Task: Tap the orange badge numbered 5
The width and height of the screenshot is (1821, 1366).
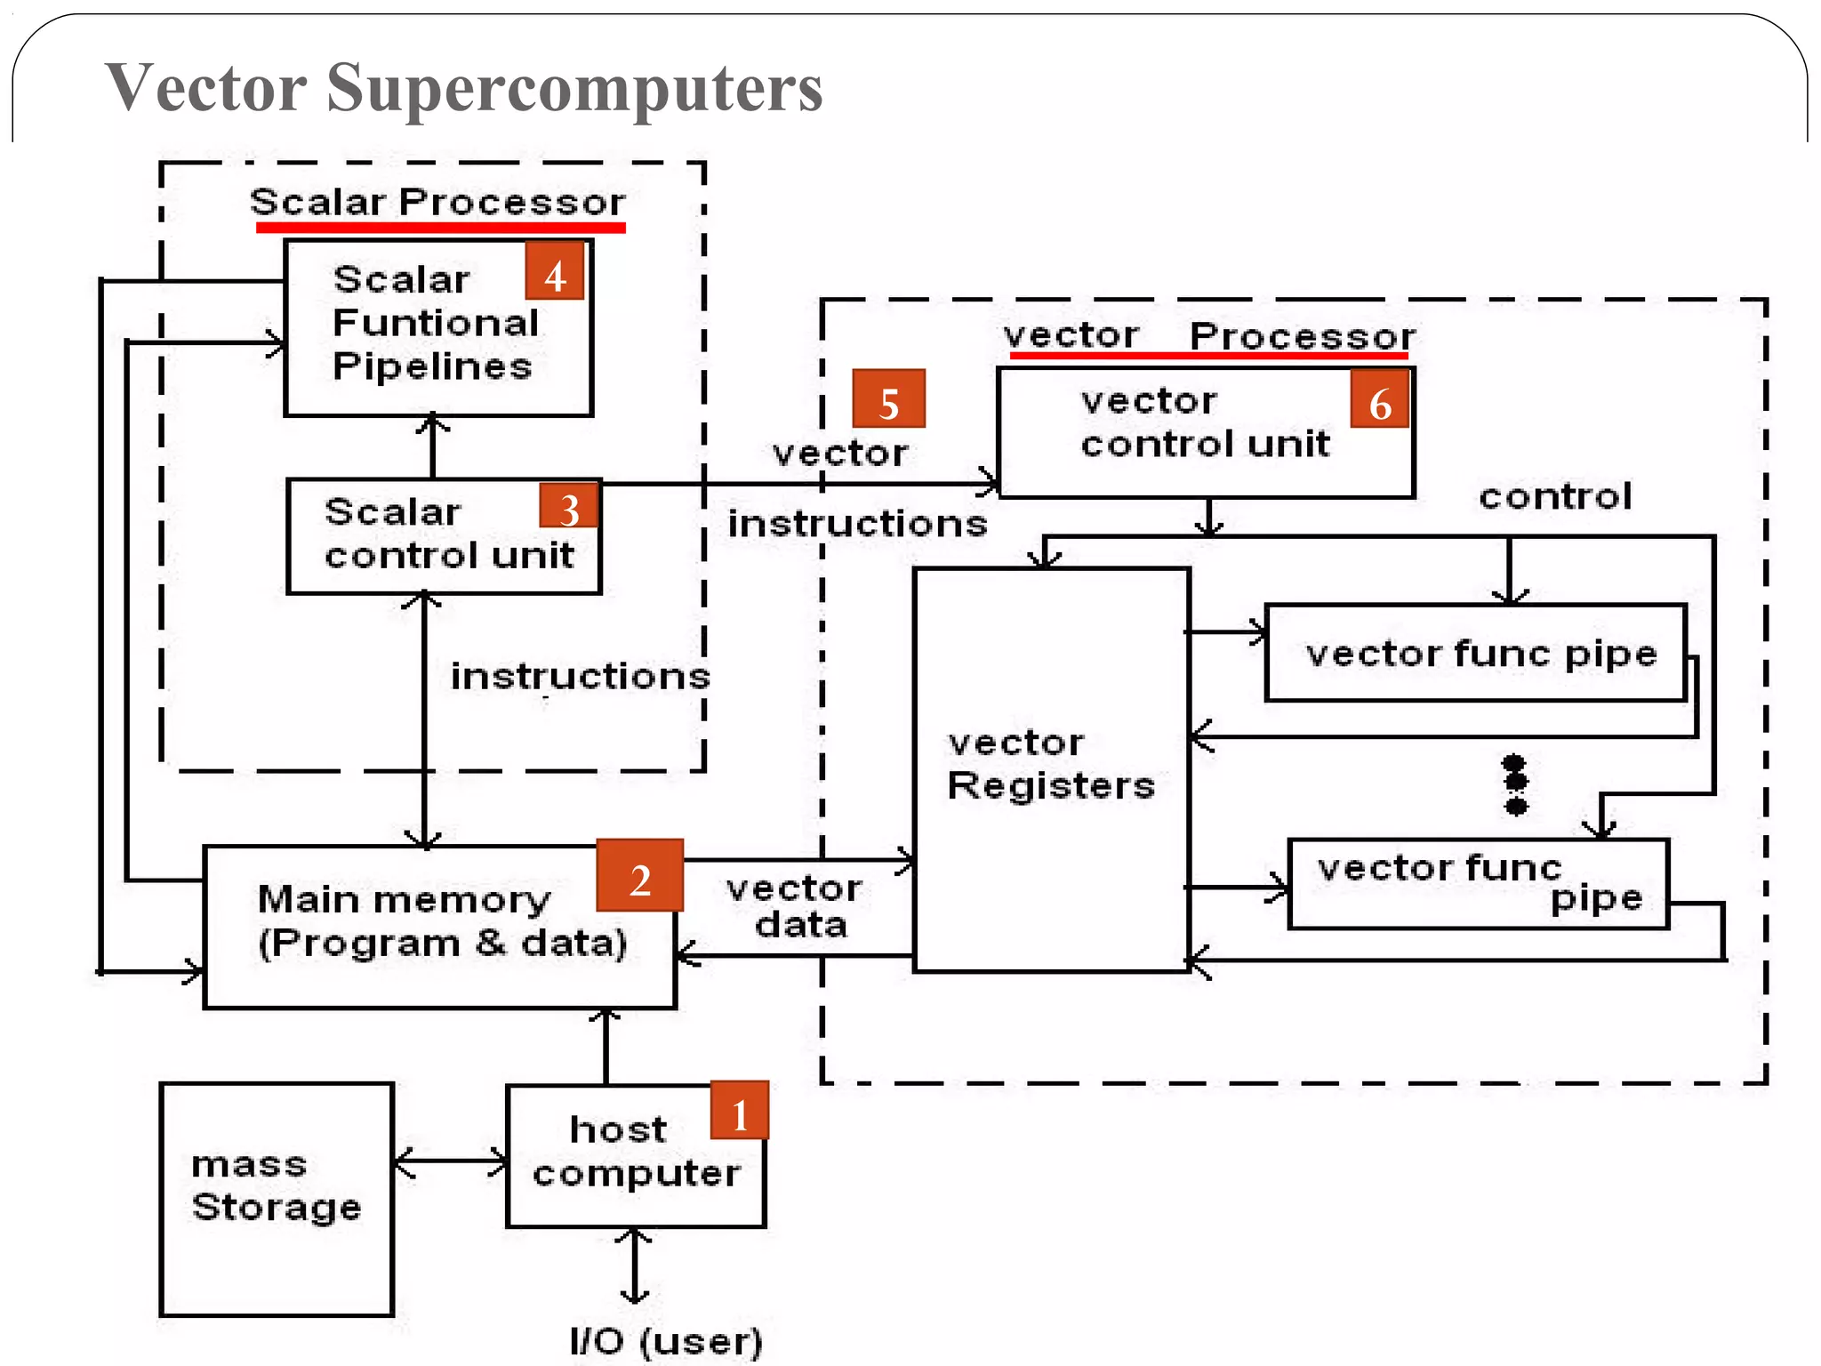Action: (x=888, y=399)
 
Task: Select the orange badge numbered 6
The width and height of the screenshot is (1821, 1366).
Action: (x=1379, y=399)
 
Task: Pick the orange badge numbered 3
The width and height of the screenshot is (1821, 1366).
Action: (x=569, y=506)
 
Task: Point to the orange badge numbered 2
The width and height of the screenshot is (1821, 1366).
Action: (x=639, y=875)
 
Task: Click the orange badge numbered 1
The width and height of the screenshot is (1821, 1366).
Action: (x=739, y=1111)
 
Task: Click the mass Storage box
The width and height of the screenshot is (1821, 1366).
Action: (x=277, y=1198)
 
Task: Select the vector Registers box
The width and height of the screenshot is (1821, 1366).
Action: (x=1051, y=769)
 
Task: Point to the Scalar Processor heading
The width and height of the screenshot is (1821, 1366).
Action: (x=437, y=202)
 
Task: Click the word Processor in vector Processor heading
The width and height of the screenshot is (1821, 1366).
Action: (x=1302, y=336)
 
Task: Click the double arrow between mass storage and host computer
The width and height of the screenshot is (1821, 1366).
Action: (x=451, y=1161)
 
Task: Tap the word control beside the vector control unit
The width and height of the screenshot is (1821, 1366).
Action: (x=1555, y=496)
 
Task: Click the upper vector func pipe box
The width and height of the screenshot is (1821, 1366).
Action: (x=1475, y=654)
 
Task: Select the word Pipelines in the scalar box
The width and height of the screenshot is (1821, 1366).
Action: (x=432, y=366)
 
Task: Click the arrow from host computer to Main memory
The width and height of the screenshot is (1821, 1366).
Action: (x=606, y=1047)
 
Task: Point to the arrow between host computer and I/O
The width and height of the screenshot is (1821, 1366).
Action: (x=634, y=1266)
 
